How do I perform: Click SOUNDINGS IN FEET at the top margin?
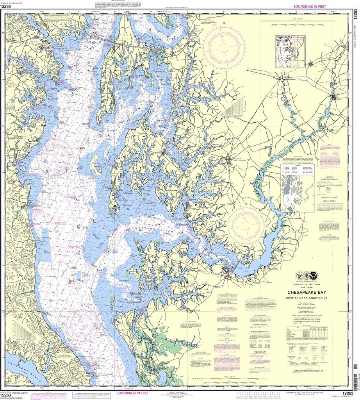tap(312, 7)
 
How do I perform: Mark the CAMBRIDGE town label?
tap(221, 274)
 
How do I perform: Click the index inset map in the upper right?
tap(290, 51)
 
